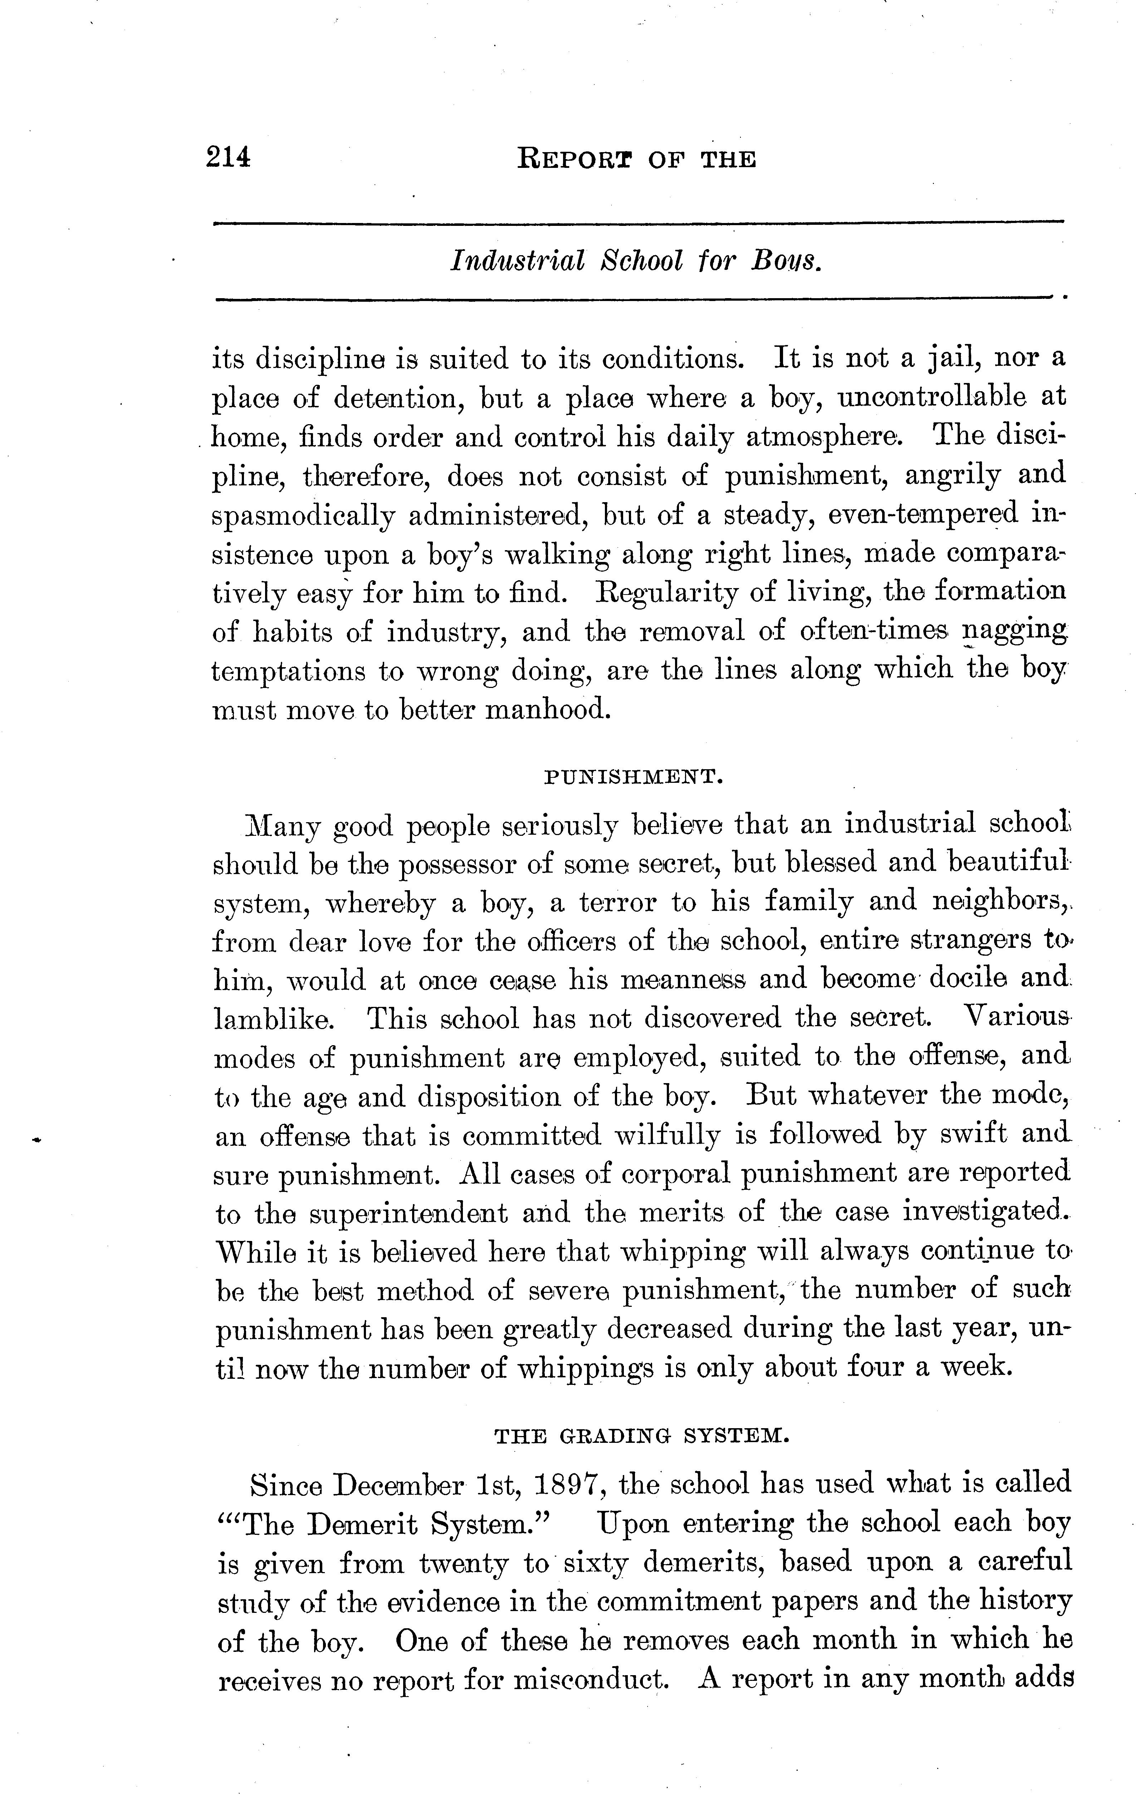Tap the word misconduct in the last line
click(x=590, y=1681)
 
